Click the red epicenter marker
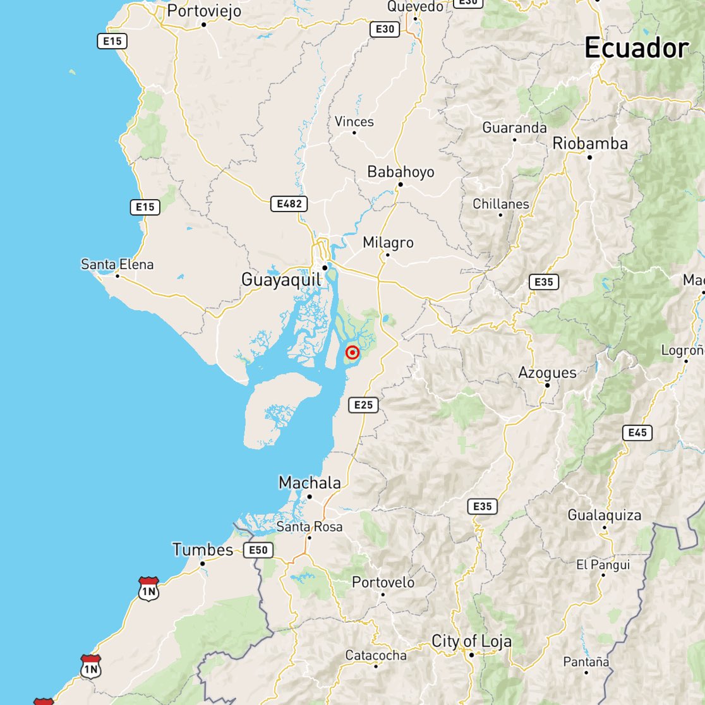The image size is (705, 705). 352,354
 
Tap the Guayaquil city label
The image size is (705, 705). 280,280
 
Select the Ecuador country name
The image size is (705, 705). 636,49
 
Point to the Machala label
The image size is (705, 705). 310,483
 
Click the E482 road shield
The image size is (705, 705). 289,203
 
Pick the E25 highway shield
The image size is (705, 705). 363,405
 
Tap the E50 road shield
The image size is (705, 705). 258,550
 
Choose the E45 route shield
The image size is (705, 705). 637,433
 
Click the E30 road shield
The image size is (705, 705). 385,29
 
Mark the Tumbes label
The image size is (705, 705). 203,550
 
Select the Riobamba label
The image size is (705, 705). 590,143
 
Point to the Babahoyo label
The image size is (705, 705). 401,171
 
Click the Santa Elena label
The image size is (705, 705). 117,264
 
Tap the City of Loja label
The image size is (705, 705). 471,641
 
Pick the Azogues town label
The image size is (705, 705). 547,372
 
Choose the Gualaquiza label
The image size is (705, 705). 604,515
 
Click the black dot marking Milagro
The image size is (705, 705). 388,255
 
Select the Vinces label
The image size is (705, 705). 354,121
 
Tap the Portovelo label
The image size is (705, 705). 383,582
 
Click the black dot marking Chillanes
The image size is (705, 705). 500,215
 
